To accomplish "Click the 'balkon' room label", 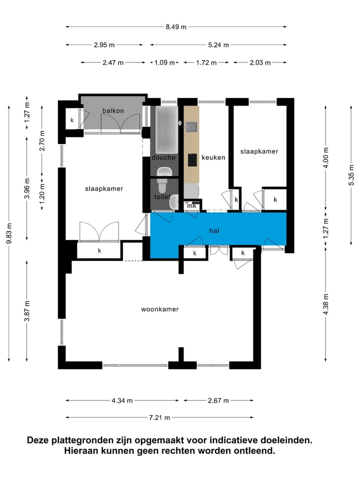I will tap(112, 110).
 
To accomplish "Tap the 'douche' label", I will tap(163, 157).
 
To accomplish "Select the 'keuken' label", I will tap(213, 157).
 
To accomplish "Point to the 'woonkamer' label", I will tap(160, 309).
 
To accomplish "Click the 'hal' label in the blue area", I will tap(215, 230).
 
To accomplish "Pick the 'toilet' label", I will tap(162, 197).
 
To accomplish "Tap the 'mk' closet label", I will tap(191, 206).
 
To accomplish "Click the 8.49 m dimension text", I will tap(176, 27).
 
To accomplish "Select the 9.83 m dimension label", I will tap(9, 233).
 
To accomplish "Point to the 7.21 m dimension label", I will tap(160, 417).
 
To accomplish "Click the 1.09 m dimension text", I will tap(165, 62).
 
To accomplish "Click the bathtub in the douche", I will tap(166, 130).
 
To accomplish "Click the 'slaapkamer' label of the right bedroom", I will tap(258, 151).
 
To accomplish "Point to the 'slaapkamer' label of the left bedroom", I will tap(104, 188).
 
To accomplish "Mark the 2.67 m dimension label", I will tap(218, 400).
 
